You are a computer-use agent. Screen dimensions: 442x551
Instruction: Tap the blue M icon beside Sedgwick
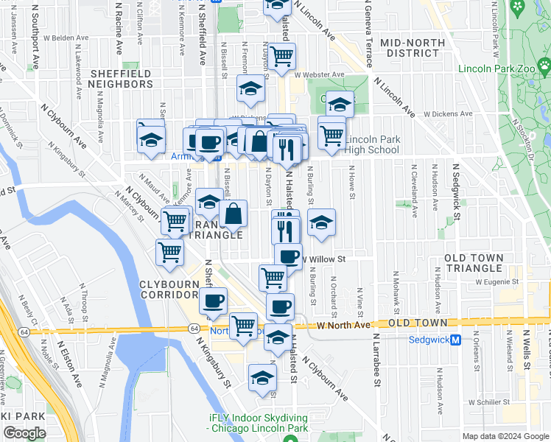[x=456, y=340]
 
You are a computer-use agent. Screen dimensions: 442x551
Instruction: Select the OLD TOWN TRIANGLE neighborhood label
[x=474, y=264]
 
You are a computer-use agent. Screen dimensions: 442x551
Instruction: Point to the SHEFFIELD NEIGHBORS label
[x=122, y=80]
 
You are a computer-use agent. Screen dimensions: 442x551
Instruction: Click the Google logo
[x=24, y=433]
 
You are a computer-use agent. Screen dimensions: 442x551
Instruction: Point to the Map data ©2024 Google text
[x=505, y=436]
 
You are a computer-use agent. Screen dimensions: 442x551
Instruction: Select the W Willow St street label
[x=323, y=259]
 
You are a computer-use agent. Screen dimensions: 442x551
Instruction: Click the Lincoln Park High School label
[x=372, y=144]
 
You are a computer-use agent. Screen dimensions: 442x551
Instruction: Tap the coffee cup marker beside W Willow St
[x=288, y=256]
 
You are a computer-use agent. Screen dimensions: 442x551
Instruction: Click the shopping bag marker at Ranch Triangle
[x=233, y=214]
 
